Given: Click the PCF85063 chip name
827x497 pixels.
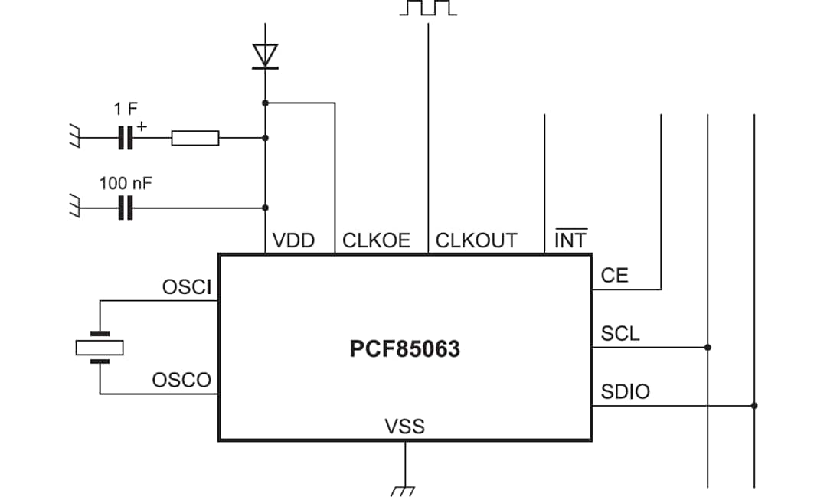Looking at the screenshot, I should pyautogui.click(x=405, y=349).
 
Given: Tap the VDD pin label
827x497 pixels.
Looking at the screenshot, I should pyautogui.click(x=293, y=240).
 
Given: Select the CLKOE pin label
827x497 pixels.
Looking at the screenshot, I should pyautogui.click(x=376, y=240).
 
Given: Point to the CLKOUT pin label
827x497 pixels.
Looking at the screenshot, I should pyautogui.click(x=476, y=240).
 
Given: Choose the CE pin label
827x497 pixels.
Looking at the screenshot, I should pyautogui.click(x=614, y=276).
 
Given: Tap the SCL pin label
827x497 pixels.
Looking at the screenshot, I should pyautogui.click(x=619, y=334).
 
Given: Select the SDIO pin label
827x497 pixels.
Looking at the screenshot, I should pyautogui.click(x=625, y=392).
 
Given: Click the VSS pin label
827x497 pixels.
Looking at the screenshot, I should pyautogui.click(x=404, y=426).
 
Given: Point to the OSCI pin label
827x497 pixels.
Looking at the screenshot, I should pyautogui.click(x=186, y=288).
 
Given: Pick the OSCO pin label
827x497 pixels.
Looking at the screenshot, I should pyautogui.click(x=181, y=381).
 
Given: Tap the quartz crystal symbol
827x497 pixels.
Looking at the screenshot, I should pyautogui.click(x=100, y=348).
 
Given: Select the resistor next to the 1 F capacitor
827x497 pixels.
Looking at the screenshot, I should pyautogui.click(x=195, y=138).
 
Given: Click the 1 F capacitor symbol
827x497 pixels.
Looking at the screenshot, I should pyautogui.click(x=126, y=138).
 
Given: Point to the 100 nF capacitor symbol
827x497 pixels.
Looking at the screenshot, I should pyautogui.click(x=126, y=208).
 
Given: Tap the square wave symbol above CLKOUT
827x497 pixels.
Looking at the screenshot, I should pyautogui.click(x=428, y=8).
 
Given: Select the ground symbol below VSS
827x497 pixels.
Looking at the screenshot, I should pyautogui.click(x=404, y=489).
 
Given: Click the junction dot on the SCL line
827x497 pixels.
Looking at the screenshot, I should pyautogui.click(x=708, y=348).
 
